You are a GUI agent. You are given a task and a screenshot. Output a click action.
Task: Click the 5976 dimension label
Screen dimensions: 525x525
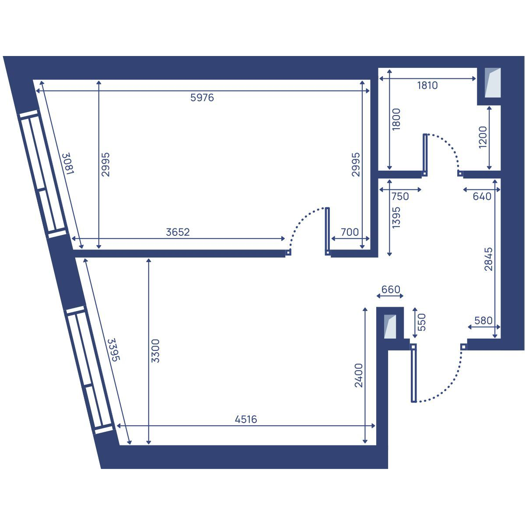pos(202,98)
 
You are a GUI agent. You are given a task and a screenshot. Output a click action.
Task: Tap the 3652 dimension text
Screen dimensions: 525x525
pos(178,232)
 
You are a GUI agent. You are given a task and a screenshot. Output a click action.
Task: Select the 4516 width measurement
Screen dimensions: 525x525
pos(246,419)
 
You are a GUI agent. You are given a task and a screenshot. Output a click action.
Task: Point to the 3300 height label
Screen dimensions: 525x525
pos(155,351)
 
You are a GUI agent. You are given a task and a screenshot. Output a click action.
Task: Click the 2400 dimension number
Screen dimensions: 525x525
pos(359,375)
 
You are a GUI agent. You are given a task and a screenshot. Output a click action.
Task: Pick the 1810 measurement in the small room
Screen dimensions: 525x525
pos(427,86)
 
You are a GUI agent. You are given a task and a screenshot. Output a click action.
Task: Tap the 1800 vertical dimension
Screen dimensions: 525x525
pos(396,119)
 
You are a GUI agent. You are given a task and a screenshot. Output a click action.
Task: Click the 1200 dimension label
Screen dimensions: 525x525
pos(483,137)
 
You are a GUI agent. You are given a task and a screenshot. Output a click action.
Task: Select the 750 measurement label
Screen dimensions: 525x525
pos(400,196)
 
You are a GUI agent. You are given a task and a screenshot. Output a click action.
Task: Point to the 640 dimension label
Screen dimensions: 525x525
pos(482,196)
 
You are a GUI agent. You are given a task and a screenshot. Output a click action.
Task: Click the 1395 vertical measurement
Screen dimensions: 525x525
pos(396,217)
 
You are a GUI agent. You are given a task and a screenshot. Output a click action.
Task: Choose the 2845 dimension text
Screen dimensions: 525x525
pos(489,259)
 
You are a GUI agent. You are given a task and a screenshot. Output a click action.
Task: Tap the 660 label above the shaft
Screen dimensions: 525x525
pos(391,289)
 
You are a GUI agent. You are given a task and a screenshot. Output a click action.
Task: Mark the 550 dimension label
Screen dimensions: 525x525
pos(421,322)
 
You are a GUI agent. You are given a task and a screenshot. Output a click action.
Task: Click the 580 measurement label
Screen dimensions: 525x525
pos(483,321)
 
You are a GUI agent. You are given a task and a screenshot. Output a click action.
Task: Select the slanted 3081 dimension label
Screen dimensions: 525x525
pos(68,164)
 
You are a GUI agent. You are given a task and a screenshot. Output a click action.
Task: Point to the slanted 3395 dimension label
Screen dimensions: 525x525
pos(114,350)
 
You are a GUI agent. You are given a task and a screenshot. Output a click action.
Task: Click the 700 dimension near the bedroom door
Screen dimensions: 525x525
pos(350,232)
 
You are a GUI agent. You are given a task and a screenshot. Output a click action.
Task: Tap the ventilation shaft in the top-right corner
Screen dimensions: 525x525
pos(493,83)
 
